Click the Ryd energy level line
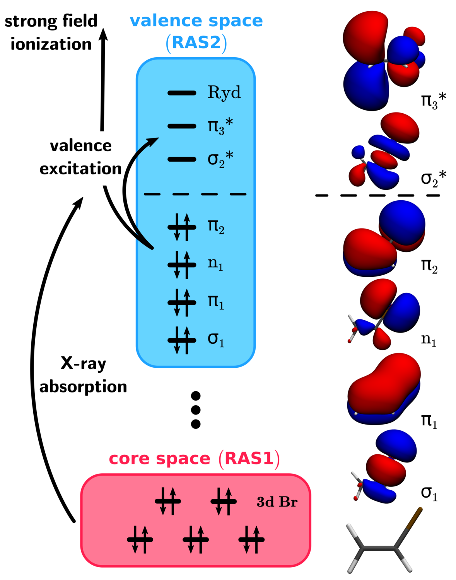point(182,93)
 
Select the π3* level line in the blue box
point(182,126)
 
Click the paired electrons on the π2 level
point(182,227)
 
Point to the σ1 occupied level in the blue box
point(182,340)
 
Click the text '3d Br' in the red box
point(277,502)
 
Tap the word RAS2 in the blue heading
point(196,43)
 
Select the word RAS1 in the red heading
point(249,459)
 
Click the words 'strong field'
point(51,21)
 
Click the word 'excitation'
point(80,169)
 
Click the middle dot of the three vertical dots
point(196,410)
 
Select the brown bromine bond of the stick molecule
point(408,528)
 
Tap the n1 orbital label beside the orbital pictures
point(429,339)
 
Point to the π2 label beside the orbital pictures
point(429,266)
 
